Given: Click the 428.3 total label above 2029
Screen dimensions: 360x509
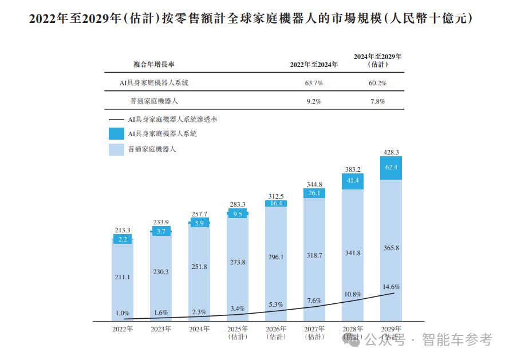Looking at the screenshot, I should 391,152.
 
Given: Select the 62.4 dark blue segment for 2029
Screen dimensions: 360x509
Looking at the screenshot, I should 391,168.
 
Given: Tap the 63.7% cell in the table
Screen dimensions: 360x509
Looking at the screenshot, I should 314,83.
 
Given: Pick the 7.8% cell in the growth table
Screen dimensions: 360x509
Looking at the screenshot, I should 377,101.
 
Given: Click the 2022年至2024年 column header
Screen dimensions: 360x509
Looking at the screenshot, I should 314,65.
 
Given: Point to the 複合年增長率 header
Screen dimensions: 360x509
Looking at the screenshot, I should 154,65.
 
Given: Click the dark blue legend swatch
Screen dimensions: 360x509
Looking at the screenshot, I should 116,134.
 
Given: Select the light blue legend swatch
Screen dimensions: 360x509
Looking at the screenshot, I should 116,149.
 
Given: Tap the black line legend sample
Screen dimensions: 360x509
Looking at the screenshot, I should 116,120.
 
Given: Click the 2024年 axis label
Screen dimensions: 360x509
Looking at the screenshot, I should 199,329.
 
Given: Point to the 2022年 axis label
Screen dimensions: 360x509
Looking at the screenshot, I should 123,329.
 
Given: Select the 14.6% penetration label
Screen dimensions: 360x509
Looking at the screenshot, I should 391,287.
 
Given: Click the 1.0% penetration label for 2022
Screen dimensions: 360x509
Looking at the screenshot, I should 123,313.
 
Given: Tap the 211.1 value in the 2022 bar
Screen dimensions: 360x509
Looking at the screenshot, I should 123,277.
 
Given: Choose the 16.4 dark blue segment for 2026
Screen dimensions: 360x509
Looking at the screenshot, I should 276,203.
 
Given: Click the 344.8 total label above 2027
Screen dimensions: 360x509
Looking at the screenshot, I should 314,184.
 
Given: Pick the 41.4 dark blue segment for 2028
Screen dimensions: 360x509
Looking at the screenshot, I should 353,180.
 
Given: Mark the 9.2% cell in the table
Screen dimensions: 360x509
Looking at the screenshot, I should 314,101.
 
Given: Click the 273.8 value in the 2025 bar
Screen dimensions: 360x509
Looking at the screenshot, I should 238,262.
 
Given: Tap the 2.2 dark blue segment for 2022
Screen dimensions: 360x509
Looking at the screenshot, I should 123,239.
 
